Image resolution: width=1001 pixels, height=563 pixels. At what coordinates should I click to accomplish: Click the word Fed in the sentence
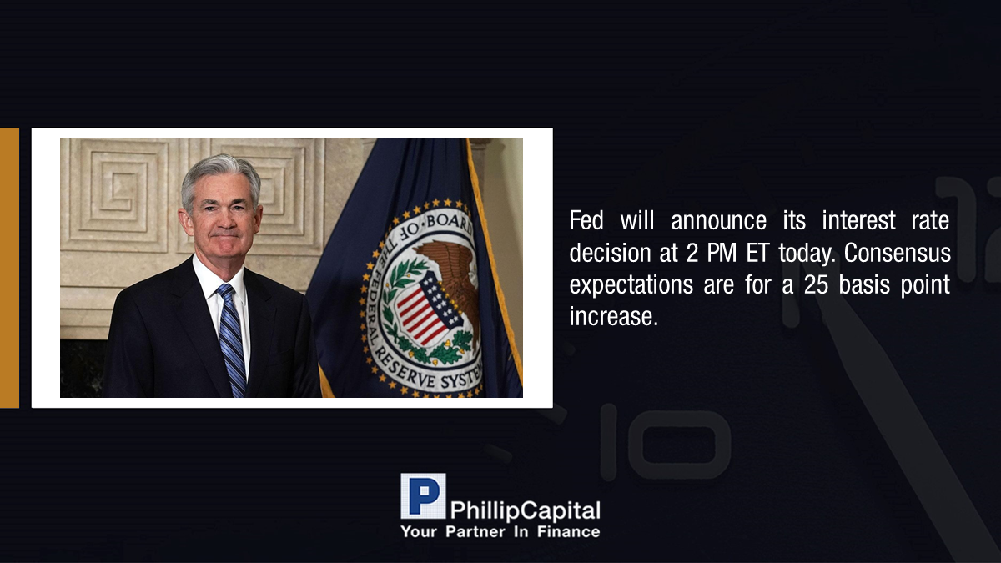[x=586, y=220]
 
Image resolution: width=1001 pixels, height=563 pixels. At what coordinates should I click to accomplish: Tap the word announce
[x=718, y=220]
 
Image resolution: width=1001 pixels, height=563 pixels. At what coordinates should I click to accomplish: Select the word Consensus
[x=898, y=253]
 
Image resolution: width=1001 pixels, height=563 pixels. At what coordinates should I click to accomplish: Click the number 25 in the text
[x=816, y=285]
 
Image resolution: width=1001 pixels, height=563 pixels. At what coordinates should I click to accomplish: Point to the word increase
[x=614, y=317]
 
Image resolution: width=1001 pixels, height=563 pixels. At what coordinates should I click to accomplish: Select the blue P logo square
[x=423, y=496]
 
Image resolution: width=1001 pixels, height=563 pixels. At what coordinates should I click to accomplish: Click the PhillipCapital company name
[x=525, y=510]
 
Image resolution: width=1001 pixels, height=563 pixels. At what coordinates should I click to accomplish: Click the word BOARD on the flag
[x=448, y=224]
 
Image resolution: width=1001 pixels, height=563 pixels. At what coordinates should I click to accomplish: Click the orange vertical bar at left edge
[x=9, y=268]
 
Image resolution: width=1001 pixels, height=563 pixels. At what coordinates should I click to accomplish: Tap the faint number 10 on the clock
[x=666, y=442]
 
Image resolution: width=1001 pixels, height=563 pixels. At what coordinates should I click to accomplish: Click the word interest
[x=859, y=220]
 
